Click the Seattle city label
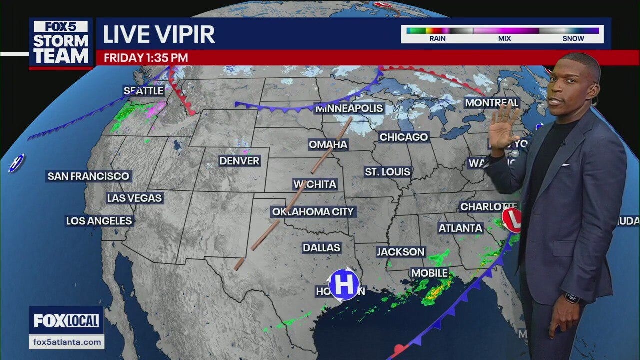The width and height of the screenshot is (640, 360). tap(144, 91)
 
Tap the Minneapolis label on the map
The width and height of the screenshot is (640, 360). tap(349, 108)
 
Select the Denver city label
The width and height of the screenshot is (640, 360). tap(240, 161)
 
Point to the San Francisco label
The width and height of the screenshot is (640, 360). tap(88, 176)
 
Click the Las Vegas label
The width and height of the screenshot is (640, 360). tap(135, 198)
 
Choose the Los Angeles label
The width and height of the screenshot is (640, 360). tap(99, 221)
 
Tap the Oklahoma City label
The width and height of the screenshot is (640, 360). tap(313, 212)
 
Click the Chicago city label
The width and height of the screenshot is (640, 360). tap(404, 137)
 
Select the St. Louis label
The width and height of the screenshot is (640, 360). tap(388, 172)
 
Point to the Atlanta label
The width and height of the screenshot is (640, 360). tap(460, 228)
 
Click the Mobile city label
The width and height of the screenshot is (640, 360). tap(429, 273)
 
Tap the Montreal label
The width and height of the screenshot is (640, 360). tap(492, 103)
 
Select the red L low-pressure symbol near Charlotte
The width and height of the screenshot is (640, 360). tap(512, 220)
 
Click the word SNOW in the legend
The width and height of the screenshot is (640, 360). tap(573, 39)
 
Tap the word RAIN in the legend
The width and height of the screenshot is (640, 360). tap(437, 39)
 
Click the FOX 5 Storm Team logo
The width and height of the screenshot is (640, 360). tap(61, 43)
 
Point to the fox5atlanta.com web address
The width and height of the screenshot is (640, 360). tap(66, 342)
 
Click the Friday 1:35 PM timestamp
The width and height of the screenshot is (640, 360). tap(146, 58)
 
